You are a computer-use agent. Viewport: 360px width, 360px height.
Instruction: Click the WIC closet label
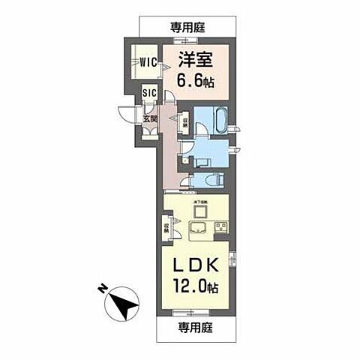(145, 64)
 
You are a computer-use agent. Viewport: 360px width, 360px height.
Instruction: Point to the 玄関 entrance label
(149, 118)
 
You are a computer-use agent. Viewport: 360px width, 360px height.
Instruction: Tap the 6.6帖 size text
(192, 80)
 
